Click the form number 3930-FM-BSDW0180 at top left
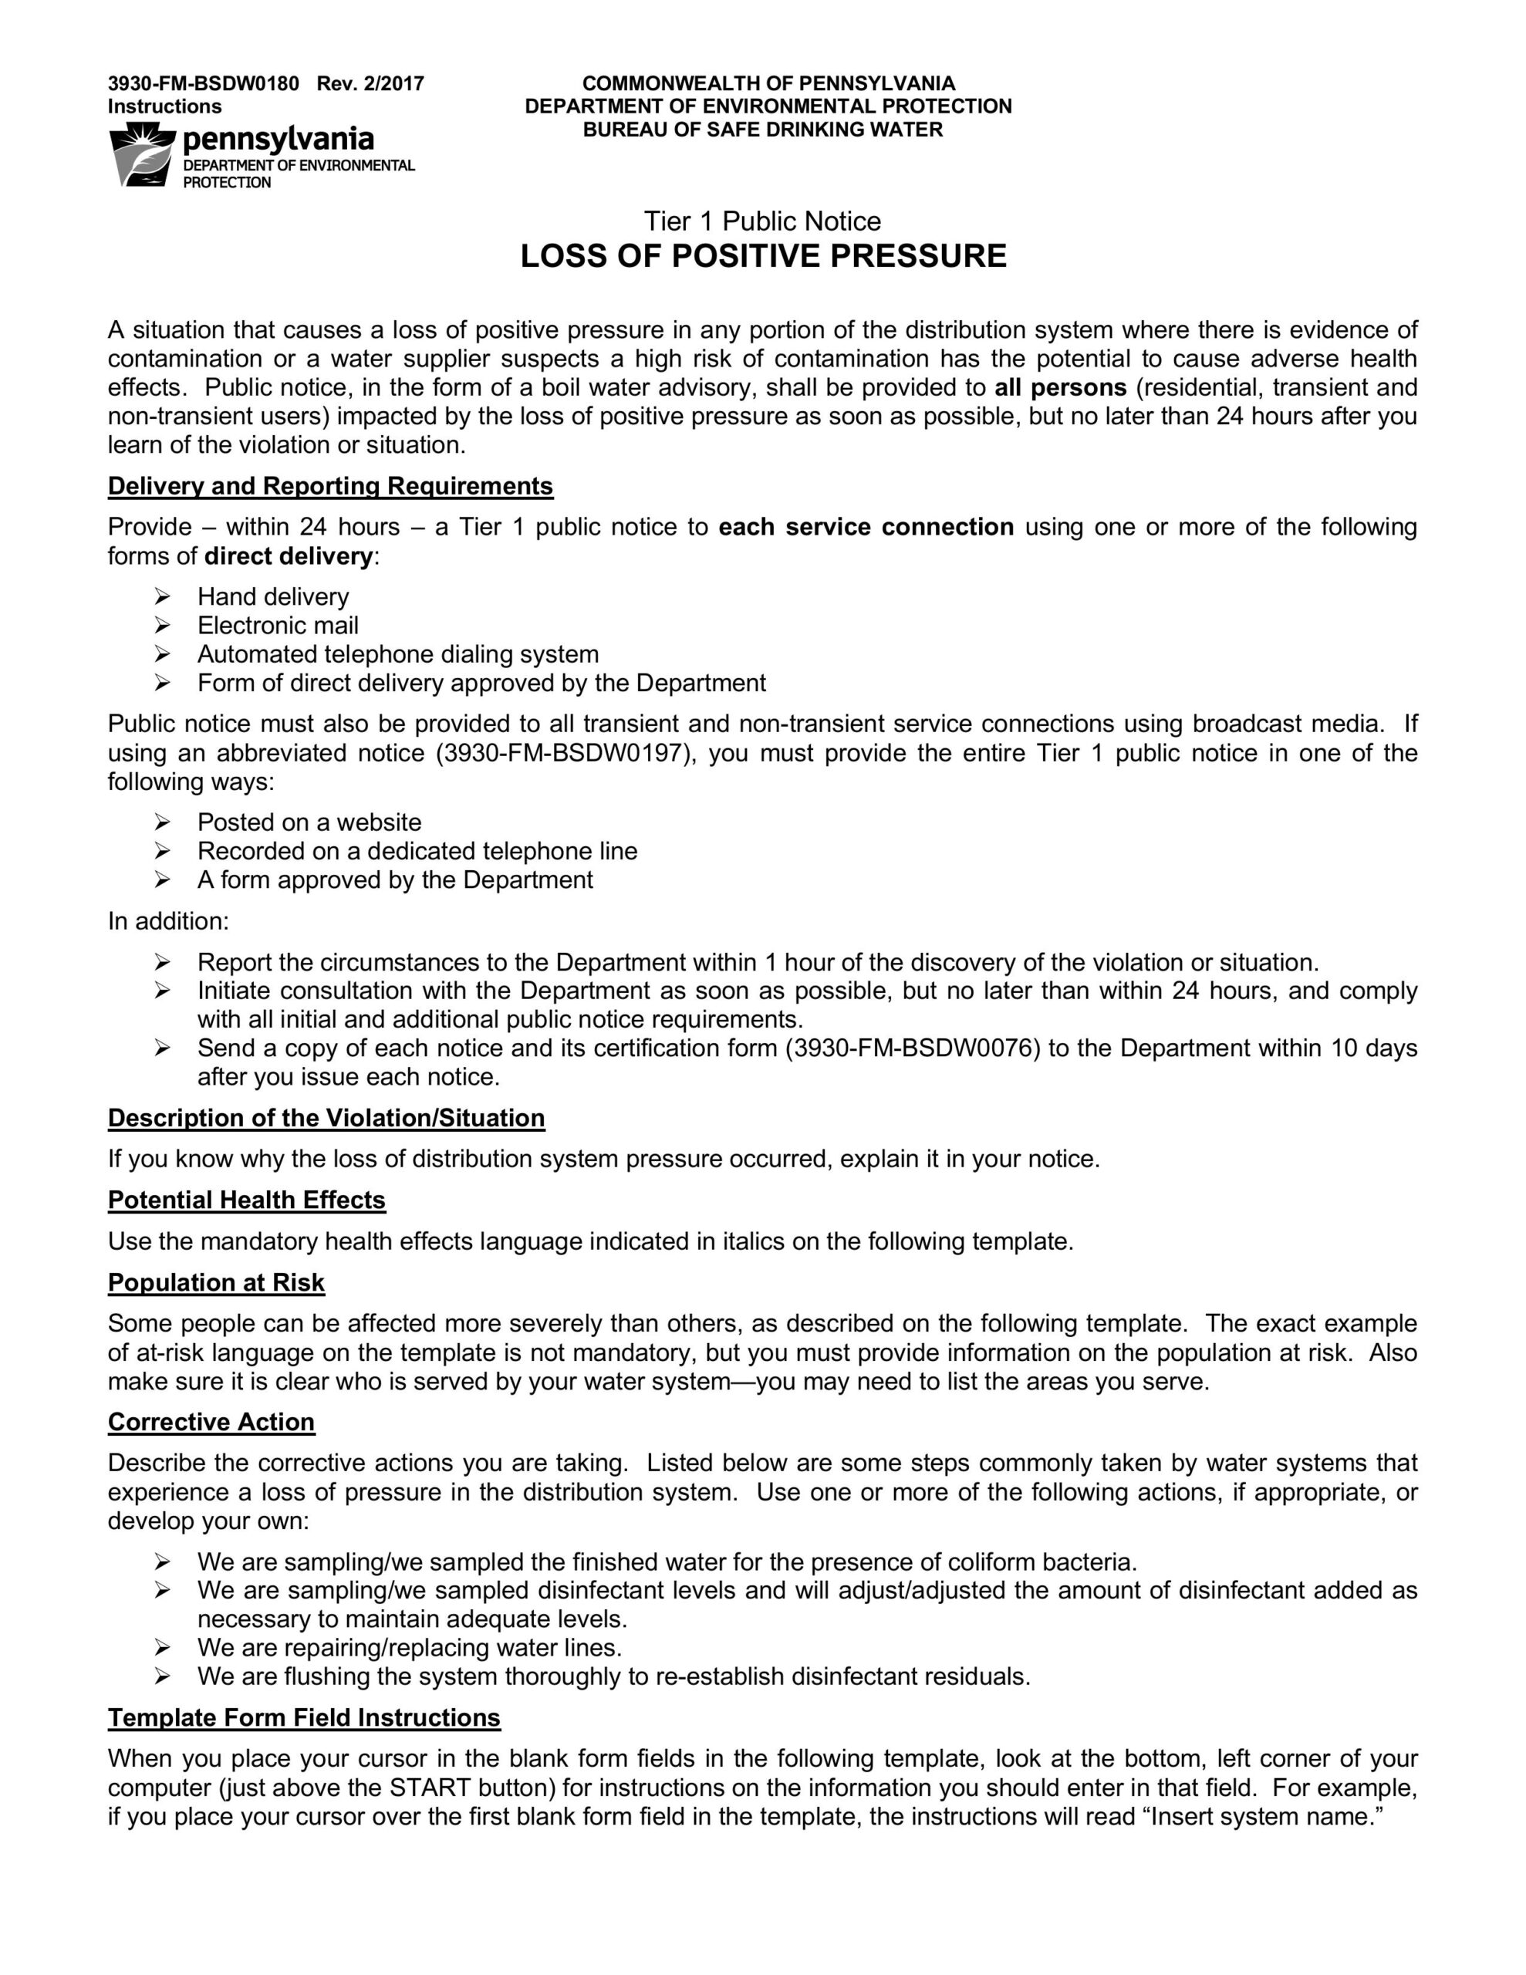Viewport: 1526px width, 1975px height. coord(203,84)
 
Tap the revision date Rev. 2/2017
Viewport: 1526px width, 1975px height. coord(370,84)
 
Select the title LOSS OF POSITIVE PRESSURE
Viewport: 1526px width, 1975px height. coord(762,257)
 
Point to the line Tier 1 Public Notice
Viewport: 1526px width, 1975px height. coord(761,221)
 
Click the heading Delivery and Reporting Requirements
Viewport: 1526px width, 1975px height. coord(330,487)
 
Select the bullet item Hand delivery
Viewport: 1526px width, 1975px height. coord(273,597)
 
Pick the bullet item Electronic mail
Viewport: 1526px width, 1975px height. coord(278,626)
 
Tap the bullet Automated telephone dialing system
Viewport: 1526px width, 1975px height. coord(398,655)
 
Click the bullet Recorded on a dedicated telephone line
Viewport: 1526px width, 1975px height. coord(417,852)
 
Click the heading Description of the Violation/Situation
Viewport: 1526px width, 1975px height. coord(326,1119)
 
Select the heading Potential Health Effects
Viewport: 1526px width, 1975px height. coord(246,1201)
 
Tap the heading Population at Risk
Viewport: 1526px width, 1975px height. coord(215,1283)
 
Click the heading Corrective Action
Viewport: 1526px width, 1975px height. coord(211,1423)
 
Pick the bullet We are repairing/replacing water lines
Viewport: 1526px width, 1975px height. coord(410,1648)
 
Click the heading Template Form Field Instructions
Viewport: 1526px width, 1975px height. coord(304,1718)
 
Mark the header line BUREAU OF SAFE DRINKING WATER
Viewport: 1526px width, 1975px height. coord(762,130)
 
